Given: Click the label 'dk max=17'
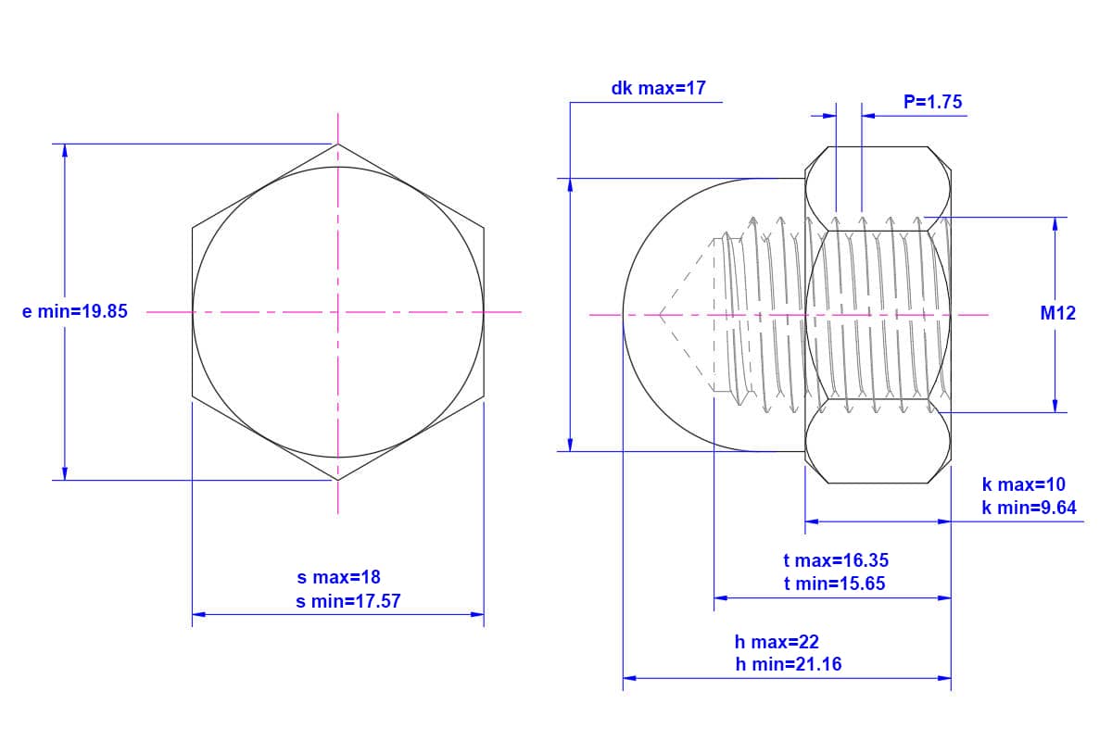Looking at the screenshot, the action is (658, 88).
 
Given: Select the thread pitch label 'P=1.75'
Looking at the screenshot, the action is (932, 102).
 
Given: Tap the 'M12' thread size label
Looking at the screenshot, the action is (1058, 313).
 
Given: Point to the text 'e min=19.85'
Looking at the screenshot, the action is (75, 312).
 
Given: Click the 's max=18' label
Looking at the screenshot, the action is (338, 577).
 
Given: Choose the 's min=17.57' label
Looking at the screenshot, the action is (348, 601).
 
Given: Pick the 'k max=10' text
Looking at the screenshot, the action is (1024, 484).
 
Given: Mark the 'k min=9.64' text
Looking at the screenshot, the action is (1030, 508).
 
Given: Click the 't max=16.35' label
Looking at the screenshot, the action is (836, 560).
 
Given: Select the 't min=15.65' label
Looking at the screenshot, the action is (835, 584).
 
